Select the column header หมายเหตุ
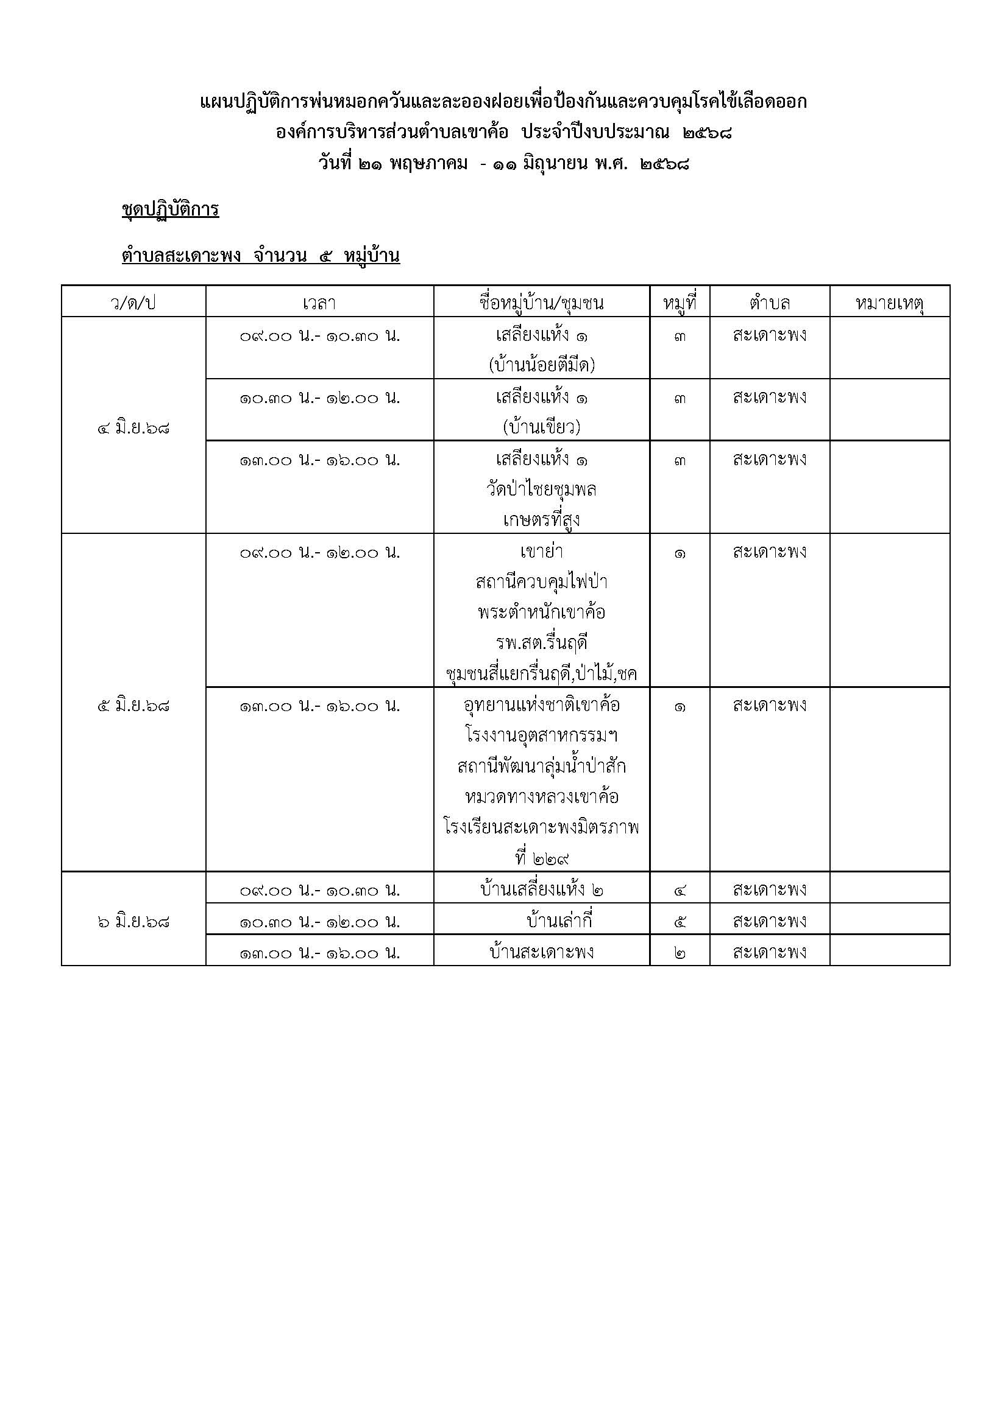point(889,303)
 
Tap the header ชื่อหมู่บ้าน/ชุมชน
point(541,303)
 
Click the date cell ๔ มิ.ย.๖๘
point(133,428)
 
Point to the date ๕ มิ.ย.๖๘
point(133,706)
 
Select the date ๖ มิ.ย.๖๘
point(133,922)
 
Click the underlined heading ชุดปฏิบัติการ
point(170,209)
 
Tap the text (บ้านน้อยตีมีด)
point(541,365)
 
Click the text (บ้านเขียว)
point(541,427)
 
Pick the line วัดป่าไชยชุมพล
point(541,489)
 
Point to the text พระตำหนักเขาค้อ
point(541,612)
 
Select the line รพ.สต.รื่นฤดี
point(541,643)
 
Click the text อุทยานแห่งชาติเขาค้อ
point(541,705)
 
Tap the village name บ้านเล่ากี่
point(559,921)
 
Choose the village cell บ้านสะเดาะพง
point(541,952)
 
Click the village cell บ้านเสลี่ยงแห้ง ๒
point(541,890)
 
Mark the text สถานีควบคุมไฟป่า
point(541,582)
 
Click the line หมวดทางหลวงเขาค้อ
point(541,796)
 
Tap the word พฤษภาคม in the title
point(428,164)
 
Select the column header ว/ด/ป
point(133,303)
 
